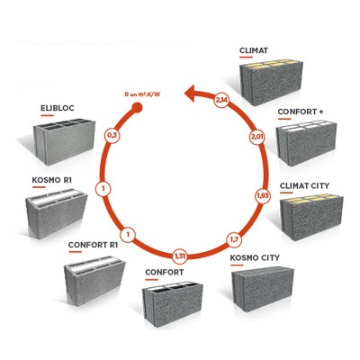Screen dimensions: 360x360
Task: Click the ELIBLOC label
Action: [58, 108]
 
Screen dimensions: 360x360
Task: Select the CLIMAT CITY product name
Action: [304, 186]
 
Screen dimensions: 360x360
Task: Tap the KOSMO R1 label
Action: [52, 180]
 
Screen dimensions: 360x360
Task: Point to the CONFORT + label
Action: [301, 112]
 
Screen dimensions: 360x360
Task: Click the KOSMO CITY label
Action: [255, 258]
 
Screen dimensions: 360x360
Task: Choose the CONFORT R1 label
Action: [93, 245]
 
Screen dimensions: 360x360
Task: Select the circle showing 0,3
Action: [112, 136]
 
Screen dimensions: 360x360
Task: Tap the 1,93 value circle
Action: [263, 196]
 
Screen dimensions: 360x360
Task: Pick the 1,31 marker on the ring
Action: [180, 256]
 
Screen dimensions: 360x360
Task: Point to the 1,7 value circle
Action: [234, 239]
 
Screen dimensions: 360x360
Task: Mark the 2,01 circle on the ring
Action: [257, 138]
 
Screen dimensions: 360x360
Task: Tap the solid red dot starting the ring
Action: [137, 107]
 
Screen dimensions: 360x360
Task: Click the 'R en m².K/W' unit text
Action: [142, 94]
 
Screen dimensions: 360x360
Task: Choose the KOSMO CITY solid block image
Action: [262, 291]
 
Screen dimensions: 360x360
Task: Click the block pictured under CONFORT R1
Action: [94, 281]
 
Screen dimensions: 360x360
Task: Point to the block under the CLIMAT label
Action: [271, 81]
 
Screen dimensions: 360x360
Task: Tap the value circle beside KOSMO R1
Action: [103, 189]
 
